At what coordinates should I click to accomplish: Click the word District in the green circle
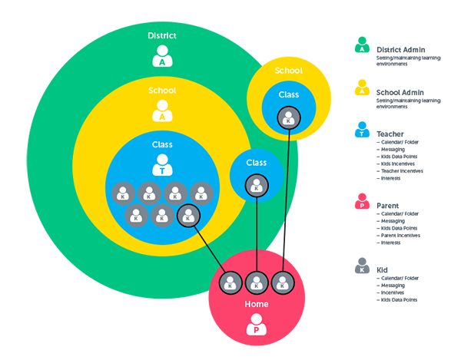click(162, 36)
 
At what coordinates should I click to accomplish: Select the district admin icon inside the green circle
click(162, 57)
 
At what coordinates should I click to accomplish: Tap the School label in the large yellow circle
click(162, 91)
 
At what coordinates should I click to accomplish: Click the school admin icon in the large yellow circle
click(162, 112)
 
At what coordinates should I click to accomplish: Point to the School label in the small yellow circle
click(288, 71)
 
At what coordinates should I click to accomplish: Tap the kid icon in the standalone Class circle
click(256, 184)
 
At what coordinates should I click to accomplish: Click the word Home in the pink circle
click(255, 303)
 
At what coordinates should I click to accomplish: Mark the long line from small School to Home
click(287, 200)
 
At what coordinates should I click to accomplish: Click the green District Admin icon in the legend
click(361, 46)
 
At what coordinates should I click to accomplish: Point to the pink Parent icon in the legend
click(361, 203)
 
